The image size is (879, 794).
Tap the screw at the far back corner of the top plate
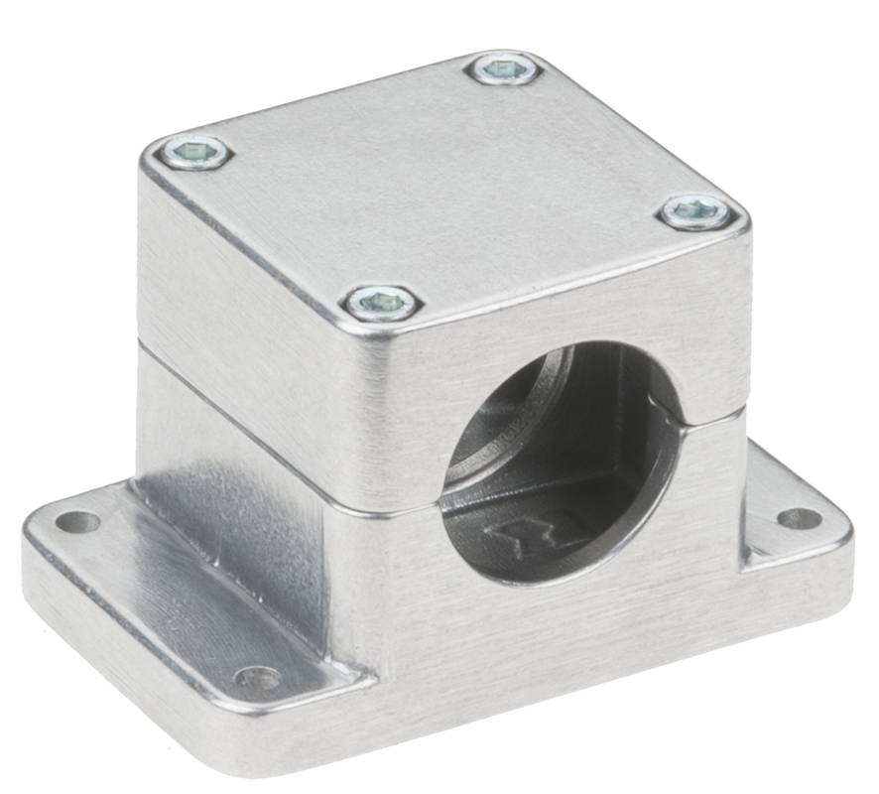point(504,68)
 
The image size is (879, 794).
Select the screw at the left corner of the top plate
point(193,153)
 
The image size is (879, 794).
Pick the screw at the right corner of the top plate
point(695,211)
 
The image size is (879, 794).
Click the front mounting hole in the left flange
point(256,679)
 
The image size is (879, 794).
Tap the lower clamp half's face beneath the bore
point(556,635)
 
